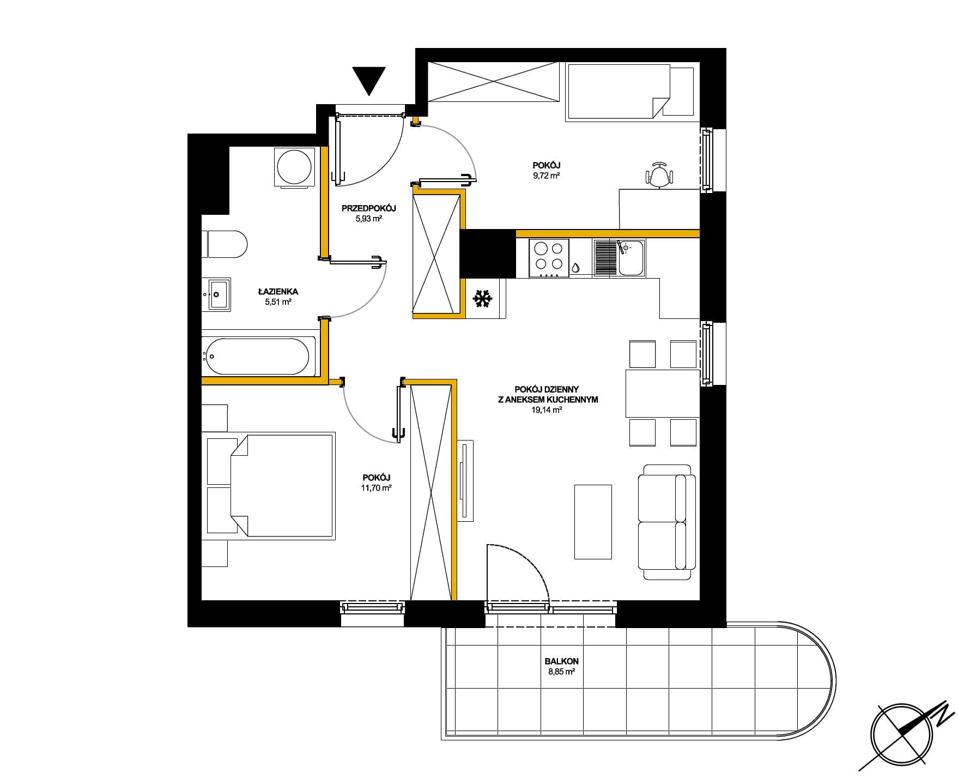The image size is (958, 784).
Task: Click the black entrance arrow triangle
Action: click(x=369, y=80)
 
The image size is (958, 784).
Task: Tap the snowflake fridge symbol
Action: click(x=482, y=298)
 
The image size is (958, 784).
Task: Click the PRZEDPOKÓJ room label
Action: click(x=368, y=208)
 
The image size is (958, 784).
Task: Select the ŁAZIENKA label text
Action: click(x=278, y=292)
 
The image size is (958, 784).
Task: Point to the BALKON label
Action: click(x=561, y=661)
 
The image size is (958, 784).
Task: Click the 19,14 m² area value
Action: click(x=547, y=411)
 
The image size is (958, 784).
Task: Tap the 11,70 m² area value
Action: click(x=376, y=488)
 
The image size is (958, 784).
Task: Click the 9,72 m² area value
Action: click(x=547, y=176)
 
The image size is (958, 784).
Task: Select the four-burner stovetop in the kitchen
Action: click(x=548, y=258)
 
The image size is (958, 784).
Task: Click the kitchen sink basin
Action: click(x=631, y=258)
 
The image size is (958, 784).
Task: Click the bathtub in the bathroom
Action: click(x=259, y=357)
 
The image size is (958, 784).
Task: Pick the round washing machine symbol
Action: click(x=295, y=166)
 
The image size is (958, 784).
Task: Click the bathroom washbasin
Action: click(x=216, y=294)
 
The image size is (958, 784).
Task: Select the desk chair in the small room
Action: click(x=659, y=174)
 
